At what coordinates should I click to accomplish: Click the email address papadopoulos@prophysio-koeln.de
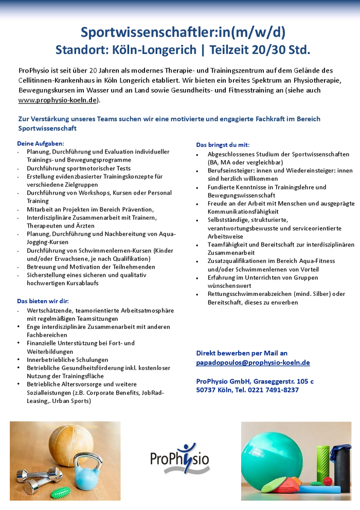[253, 362]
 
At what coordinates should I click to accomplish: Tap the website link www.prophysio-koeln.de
[57, 100]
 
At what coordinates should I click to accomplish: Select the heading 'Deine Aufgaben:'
[41, 144]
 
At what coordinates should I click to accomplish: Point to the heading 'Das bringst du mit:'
[223, 145]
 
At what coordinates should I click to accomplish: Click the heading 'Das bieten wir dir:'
[43, 301]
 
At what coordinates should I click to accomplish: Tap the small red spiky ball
[328, 481]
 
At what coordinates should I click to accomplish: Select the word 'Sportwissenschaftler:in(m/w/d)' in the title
[183, 32]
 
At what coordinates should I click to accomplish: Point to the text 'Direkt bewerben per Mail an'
[242, 353]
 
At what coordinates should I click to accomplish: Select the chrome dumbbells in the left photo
[39, 476]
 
